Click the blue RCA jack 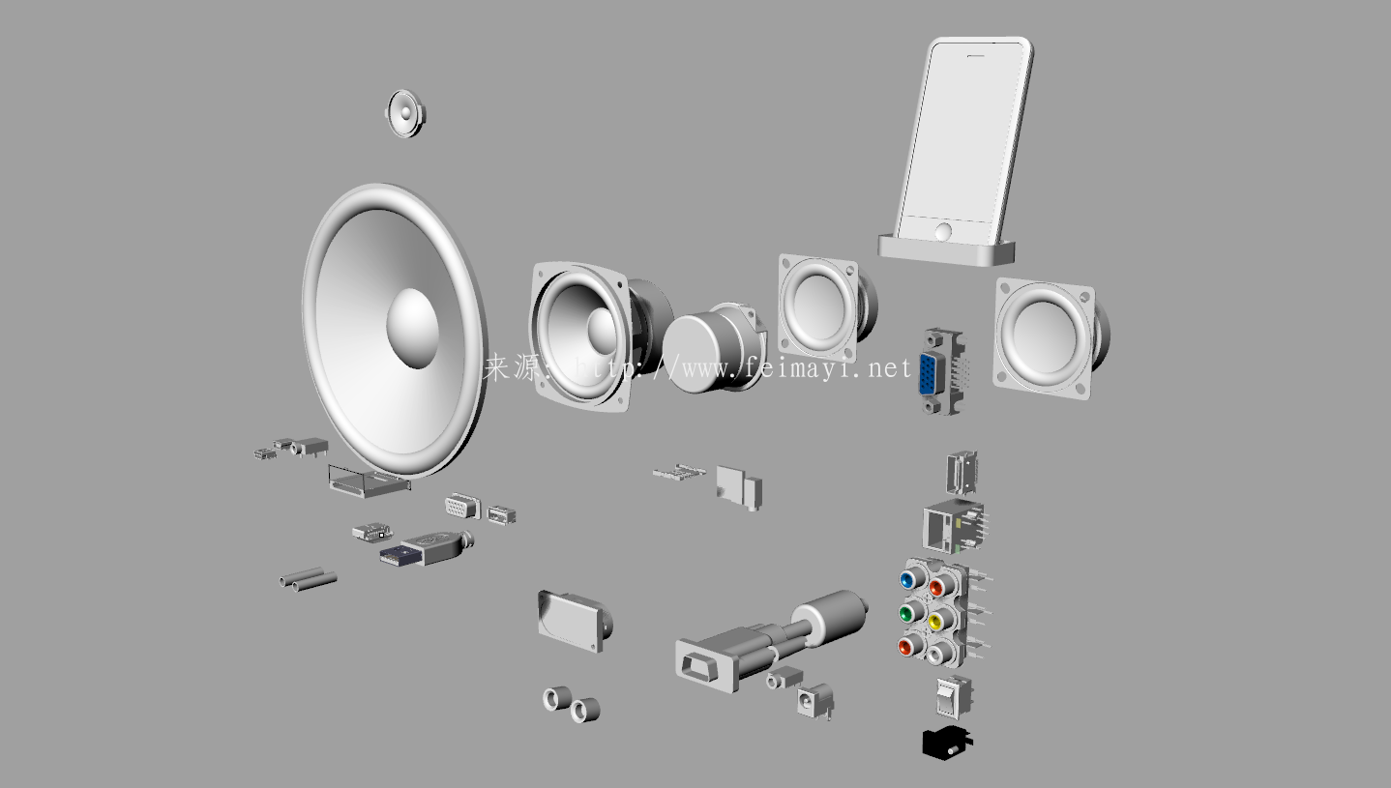(907, 580)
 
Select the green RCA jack (906, 614)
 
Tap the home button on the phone (943, 233)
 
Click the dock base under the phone (946, 250)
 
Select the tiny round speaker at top (405, 113)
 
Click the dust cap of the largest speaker (413, 328)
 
